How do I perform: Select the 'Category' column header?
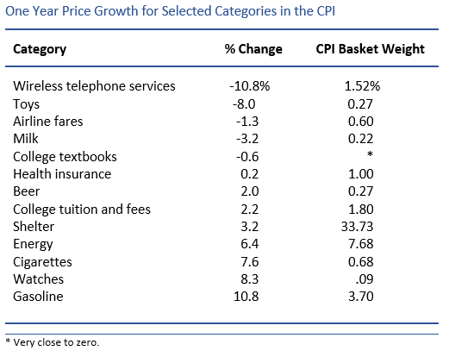41,49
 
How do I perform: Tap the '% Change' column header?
253,49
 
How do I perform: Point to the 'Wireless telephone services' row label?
94,85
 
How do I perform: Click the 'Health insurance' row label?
62,173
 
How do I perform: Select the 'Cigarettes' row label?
43,261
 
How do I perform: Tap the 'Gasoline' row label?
41,297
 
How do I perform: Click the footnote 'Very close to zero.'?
53,342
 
